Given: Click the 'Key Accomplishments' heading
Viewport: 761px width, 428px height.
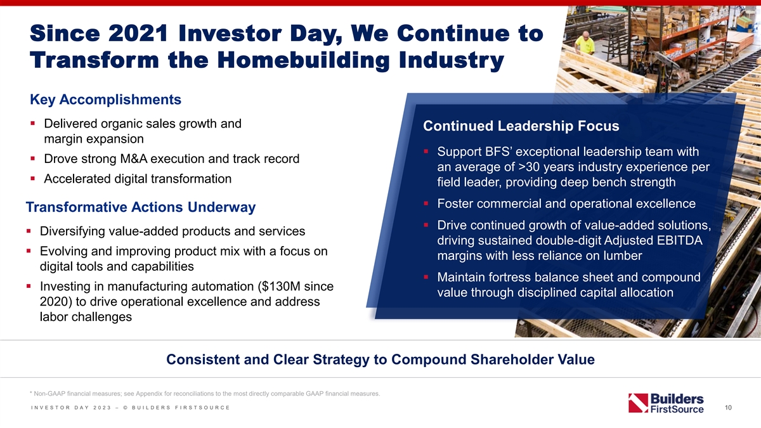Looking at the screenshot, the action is (105, 100).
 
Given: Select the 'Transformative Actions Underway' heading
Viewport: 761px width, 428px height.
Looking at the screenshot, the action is (141, 207).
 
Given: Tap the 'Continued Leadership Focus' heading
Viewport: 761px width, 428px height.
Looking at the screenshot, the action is (521, 126).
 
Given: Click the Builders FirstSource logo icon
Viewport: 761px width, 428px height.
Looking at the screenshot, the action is (638, 403).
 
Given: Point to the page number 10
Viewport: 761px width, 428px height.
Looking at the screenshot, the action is (728, 408).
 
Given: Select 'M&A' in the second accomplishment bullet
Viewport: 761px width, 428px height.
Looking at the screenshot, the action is (134, 159).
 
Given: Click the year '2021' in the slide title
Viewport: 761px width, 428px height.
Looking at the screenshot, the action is (138, 33).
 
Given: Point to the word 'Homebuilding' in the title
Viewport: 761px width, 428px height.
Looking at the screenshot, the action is (303, 60).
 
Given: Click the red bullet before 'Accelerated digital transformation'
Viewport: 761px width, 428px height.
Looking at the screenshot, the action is (32, 178).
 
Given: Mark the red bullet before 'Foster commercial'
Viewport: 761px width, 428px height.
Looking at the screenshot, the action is (426, 204).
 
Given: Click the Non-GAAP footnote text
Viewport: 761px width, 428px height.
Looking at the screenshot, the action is (205, 394).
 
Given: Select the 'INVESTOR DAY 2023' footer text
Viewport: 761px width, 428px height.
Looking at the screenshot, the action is (71, 408).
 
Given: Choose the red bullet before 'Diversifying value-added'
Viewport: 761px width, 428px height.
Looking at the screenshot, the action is (29, 231).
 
